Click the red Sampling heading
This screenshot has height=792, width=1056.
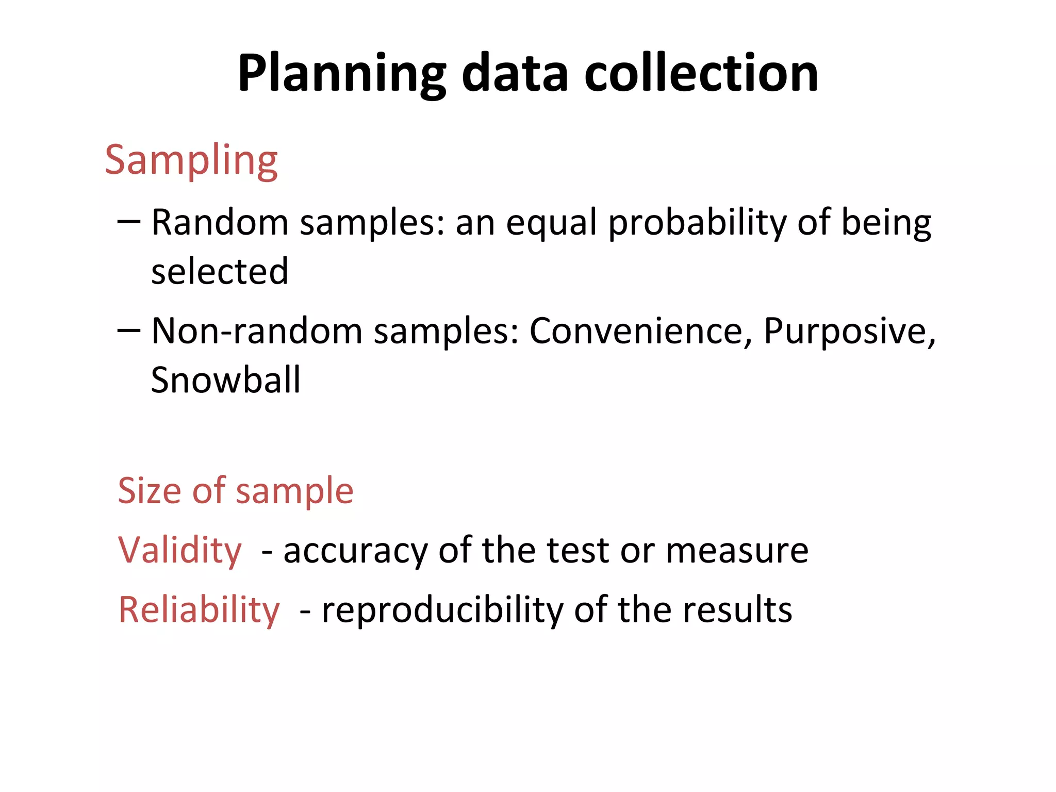191,160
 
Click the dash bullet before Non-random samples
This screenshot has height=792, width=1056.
128,330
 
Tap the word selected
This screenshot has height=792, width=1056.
220,271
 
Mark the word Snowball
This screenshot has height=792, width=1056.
225,380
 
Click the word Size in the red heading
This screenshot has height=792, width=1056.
150,490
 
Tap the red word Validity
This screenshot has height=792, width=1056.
180,550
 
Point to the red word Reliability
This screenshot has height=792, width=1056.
199,610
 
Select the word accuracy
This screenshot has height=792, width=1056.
356,551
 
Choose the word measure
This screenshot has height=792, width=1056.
737,551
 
